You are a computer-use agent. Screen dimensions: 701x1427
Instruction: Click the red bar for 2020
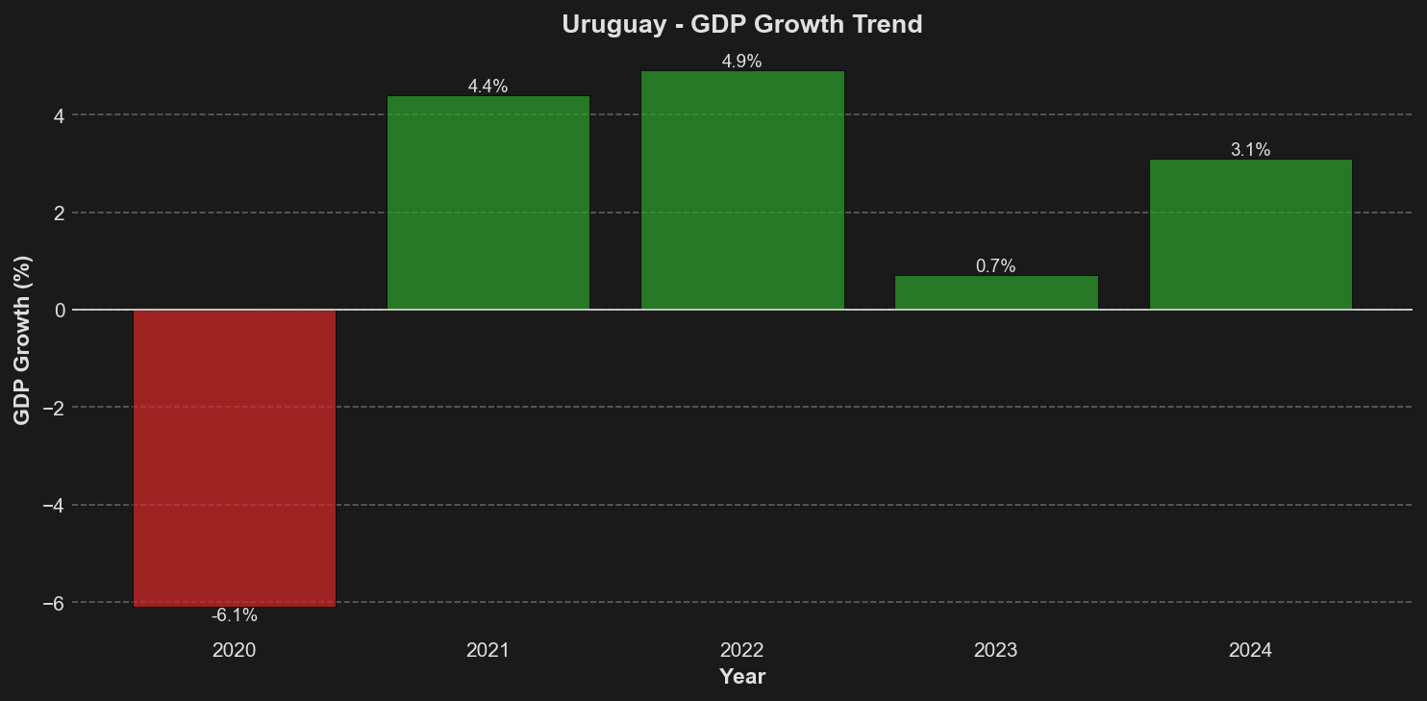tap(234, 458)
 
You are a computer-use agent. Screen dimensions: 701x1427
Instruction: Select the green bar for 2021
tap(488, 203)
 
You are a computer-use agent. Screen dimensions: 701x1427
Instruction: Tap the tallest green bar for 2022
tap(742, 190)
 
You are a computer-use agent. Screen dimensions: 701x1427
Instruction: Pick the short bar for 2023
tap(996, 292)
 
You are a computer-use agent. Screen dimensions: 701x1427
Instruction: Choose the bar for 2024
tap(1250, 235)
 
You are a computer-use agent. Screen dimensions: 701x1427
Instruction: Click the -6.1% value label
tap(234, 615)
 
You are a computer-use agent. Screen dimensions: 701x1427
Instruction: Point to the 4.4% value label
tap(488, 87)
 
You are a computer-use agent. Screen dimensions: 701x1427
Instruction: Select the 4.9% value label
tap(741, 62)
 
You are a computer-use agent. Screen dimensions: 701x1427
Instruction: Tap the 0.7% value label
tap(995, 266)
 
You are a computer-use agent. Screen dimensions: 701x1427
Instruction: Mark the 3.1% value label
tap(1250, 150)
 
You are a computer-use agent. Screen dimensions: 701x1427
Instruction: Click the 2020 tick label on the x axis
tap(234, 651)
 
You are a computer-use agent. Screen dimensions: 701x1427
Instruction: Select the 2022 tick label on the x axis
tap(741, 651)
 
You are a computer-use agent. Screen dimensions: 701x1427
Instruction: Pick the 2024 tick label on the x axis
tap(1250, 651)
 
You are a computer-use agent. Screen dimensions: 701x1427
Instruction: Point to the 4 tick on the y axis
tap(59, 115)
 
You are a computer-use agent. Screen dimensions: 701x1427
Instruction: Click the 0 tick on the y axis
tap(59, 310)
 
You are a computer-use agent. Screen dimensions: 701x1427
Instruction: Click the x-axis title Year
tap(741, 677)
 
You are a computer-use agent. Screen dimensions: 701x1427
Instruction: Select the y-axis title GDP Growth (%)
tap(22, 339)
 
